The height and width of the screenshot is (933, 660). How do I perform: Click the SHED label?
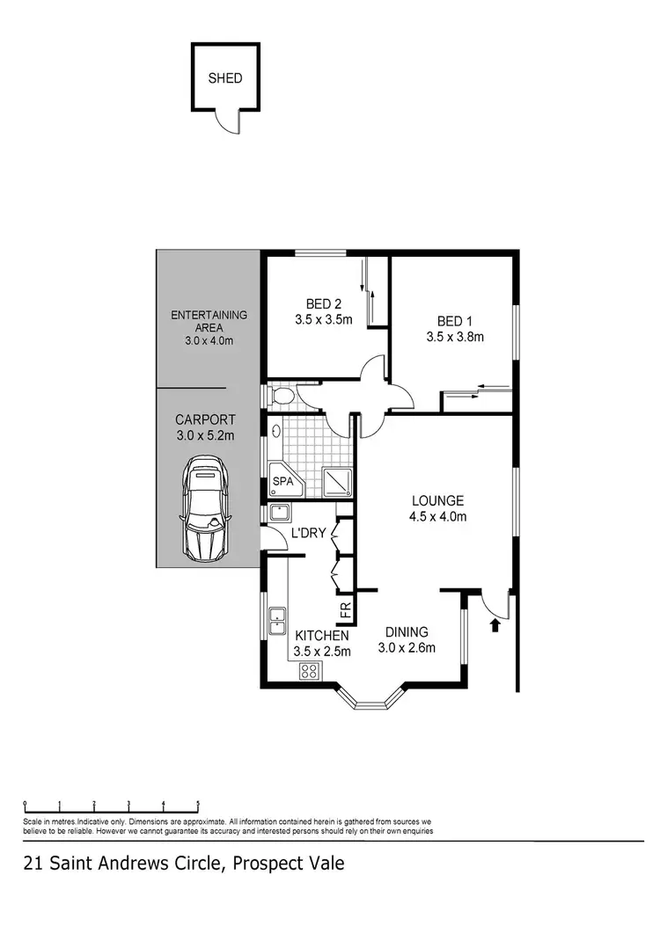[x=225, y=78]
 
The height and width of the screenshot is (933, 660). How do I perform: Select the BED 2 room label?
[x=324, y=304]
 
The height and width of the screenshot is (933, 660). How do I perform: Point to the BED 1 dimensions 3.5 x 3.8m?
[x=455, y=336]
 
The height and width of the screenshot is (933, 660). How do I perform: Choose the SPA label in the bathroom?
[x=282, y=482]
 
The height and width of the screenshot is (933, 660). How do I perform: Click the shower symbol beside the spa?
[x=336, y=480]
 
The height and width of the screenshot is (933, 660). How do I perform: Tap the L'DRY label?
[x=309, y=533]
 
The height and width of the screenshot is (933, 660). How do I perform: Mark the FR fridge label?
[x=345, y=609]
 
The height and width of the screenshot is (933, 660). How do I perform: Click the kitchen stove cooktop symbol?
[x=311, y=671]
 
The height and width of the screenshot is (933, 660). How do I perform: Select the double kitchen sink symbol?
[x=277, y=620]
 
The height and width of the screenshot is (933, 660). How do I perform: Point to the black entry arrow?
[x=495, y=625]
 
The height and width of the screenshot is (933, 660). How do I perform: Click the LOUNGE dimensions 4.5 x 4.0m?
[x=437, y=517]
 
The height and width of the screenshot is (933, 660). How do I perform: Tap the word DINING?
[x=407, y=632]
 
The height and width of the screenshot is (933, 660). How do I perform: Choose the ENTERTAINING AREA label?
[x=209, y=321]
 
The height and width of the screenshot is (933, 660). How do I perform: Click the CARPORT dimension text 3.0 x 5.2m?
[x=205, y=435]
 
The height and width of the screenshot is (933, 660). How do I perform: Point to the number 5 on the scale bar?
[x=198, y=802]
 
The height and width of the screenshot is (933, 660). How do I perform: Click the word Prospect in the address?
[x=262, y=864]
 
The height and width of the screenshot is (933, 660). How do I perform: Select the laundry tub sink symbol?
[x=282, y=513]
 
